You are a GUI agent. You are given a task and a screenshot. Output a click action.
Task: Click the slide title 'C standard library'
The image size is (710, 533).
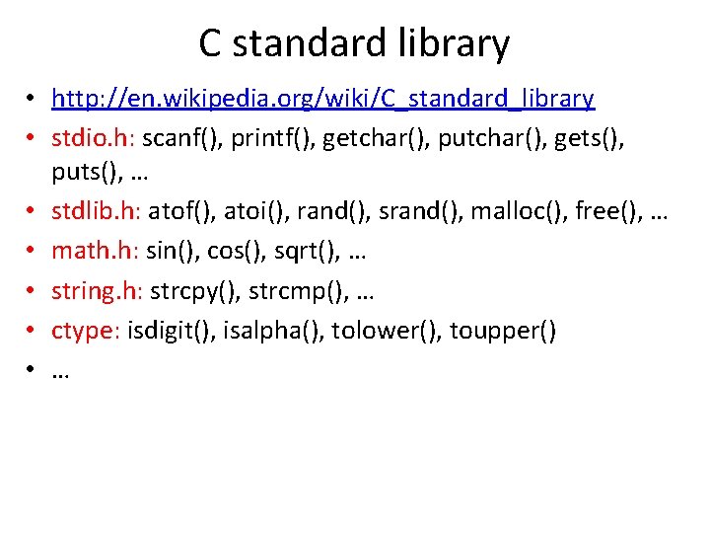click(x=354, y=43)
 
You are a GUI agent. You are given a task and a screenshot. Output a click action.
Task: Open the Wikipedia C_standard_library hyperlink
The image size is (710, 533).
click(x=322, y=99)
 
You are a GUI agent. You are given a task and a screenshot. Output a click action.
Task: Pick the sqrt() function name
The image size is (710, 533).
click(x=296, y=252)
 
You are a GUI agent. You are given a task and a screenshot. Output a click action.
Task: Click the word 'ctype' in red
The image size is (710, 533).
click(x=83, y=332)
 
